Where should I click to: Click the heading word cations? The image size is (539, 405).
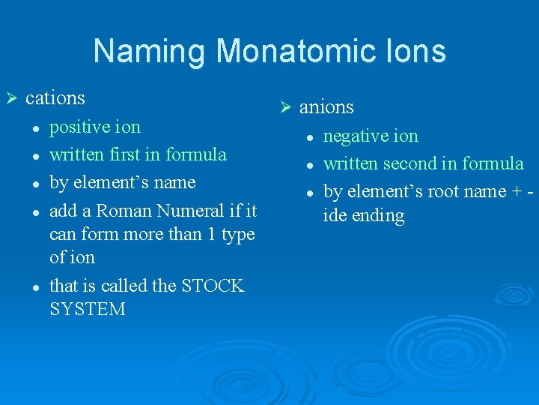(x=55, y=98)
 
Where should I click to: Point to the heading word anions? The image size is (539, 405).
(x=326, y=108)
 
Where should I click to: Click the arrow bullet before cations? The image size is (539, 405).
(x=11, y=98)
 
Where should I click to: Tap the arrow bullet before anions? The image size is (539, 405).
(x=284, y=108)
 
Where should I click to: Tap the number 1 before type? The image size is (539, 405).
(x=214, y=234)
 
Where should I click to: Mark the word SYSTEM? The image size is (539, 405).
(x=88, y=309)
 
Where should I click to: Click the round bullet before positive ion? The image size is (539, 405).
(x=36, y=128)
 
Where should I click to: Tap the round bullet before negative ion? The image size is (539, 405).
(x=308, y=137)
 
